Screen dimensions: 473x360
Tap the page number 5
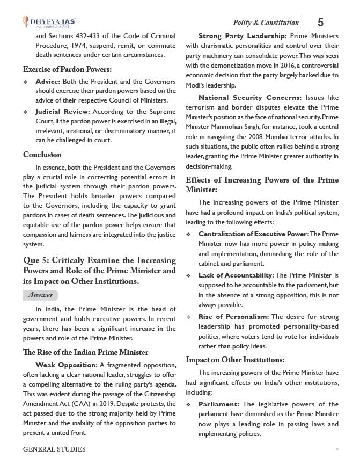point(320,22)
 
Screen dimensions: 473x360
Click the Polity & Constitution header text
point(266,23)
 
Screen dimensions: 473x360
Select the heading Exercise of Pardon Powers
point(67,69)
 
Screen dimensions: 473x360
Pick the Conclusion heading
point(43,155)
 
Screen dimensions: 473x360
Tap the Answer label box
point(40,295)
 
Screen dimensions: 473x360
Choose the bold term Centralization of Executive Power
point(253,234)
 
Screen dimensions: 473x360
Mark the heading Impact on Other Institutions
point(235,360)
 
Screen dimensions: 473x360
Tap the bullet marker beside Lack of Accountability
point(189,275)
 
